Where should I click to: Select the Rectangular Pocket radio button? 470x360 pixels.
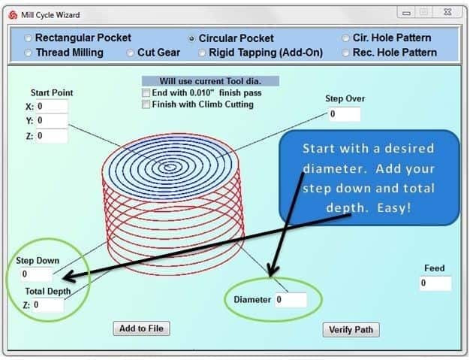coord(28,38)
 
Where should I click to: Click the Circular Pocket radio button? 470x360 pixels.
coord(191,38)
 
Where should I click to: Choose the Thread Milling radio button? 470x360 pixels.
coord(28,53)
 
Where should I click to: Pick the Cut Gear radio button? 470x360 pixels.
coord(130,53)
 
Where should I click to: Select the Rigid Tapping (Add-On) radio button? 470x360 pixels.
coord(202,53)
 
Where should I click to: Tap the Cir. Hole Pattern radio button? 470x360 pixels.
coord(345,38)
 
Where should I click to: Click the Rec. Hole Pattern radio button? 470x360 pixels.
coord(345,53)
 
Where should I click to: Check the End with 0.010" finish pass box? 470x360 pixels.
coord(146,93)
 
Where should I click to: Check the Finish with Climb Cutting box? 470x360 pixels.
coord(146,104)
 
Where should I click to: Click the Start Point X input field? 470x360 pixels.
coord(52,107)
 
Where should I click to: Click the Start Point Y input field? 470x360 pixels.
coord(52,121)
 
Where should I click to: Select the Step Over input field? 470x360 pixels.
coord(345,114)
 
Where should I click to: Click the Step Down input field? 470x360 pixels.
coord(37,274)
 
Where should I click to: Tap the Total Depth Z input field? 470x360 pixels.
coord(48,305)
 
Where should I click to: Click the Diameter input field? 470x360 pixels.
coord(291,300)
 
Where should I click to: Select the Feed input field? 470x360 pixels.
coord(435,283)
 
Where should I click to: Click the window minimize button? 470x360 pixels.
coord(407,13)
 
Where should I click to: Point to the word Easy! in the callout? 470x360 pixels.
coord(394,208)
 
